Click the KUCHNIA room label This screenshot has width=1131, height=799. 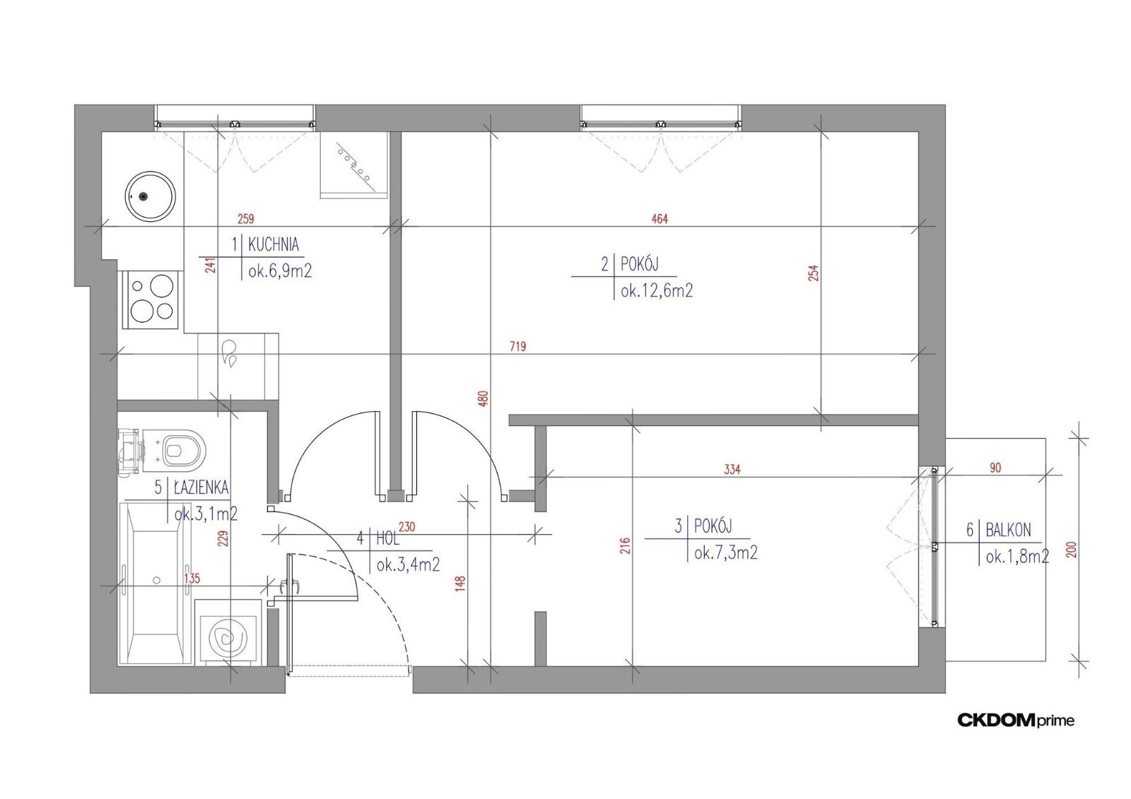pos(274,245)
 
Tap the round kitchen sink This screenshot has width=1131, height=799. pos(151,196)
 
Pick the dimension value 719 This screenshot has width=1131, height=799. pos(518,347)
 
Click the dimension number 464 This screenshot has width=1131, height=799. pos(660,219)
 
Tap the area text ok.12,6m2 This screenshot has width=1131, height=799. pos(657,291)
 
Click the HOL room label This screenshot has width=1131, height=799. pos(388,538)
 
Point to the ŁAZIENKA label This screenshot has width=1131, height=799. pos(201,487)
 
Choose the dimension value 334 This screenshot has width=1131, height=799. pos(732,470)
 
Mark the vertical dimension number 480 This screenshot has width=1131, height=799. pos(484,398)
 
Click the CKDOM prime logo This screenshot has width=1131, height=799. pos(1016,721)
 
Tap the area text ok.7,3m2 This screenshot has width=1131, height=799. pos(726,553)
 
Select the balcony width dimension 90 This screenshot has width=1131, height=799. pos(995,468)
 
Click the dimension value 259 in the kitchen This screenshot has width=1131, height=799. pos(246,219)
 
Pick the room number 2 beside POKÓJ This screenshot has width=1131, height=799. pos(605,264)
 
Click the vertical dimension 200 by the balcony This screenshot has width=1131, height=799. pos(1072,550)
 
